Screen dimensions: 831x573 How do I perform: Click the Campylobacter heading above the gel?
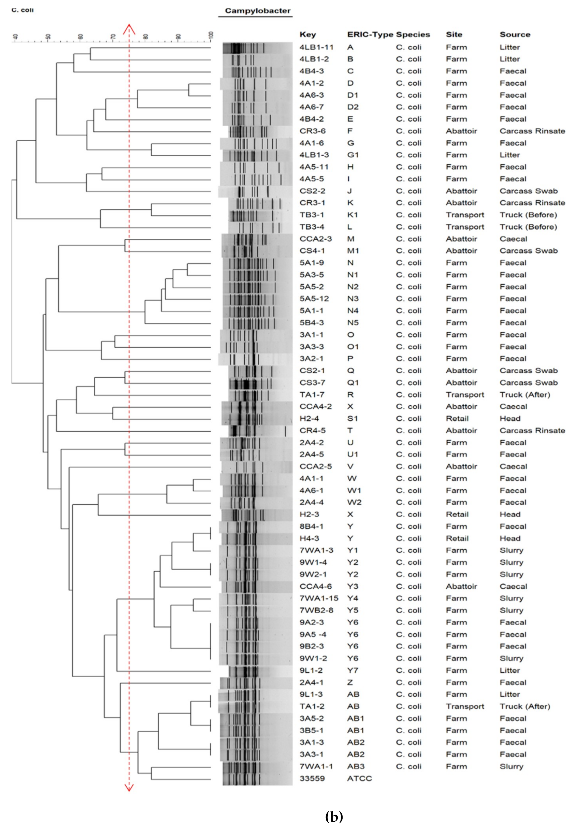point(257,11)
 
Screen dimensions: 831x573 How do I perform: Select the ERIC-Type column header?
point(370,35)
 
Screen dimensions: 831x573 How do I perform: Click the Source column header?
point(515,35)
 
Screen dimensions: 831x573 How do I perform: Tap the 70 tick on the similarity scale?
point(113,37)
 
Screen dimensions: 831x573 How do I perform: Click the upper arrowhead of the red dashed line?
point(129,29)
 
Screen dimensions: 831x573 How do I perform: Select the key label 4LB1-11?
point(316,47)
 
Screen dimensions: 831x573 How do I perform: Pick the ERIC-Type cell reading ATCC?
point(359,778)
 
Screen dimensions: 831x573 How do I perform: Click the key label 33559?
point(312,778)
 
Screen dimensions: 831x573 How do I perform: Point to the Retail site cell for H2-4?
point(457,418)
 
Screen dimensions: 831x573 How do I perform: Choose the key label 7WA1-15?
point(319,598)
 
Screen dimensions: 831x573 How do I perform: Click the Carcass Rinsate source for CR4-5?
point(532,430)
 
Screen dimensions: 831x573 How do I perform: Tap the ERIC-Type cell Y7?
point(353,670)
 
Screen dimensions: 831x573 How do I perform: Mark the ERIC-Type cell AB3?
point(355,766)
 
